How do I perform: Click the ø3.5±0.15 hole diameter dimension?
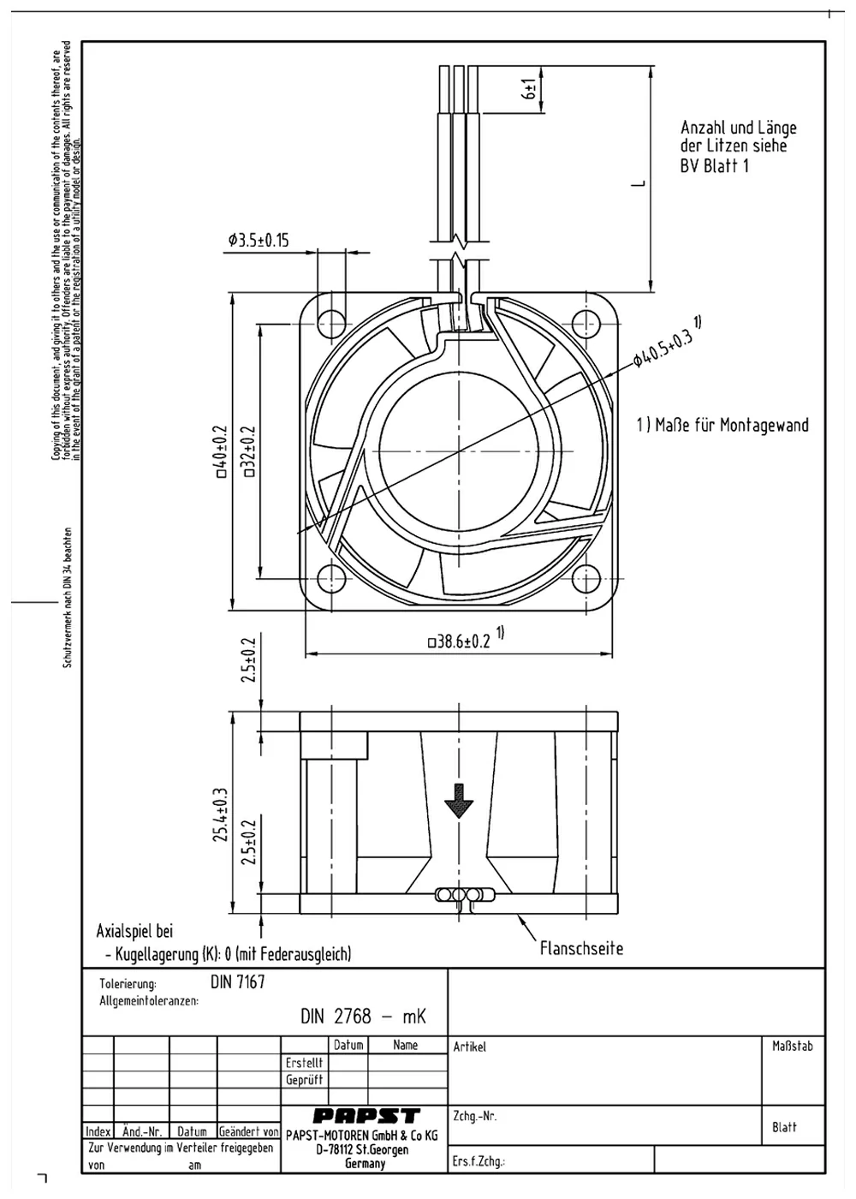pyautogui.click(x=259, y=241)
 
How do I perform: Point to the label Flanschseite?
pyautogui.click(x=581, y=948)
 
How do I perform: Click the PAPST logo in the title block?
pyautogui.click(x=366, y=1116)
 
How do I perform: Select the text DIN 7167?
pyautogui.click(x=238, y=982)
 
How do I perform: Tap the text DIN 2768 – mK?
pyautogui.click(x=363, y=1017)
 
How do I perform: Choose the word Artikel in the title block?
pyautogui.click(x=469, y=1047)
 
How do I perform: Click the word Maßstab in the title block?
pyautogui.click(x=792, y=1046)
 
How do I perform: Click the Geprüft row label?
pyautogui.click(x=304, y=1080)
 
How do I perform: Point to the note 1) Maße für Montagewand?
pyautogui.click(x=722, y=425)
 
